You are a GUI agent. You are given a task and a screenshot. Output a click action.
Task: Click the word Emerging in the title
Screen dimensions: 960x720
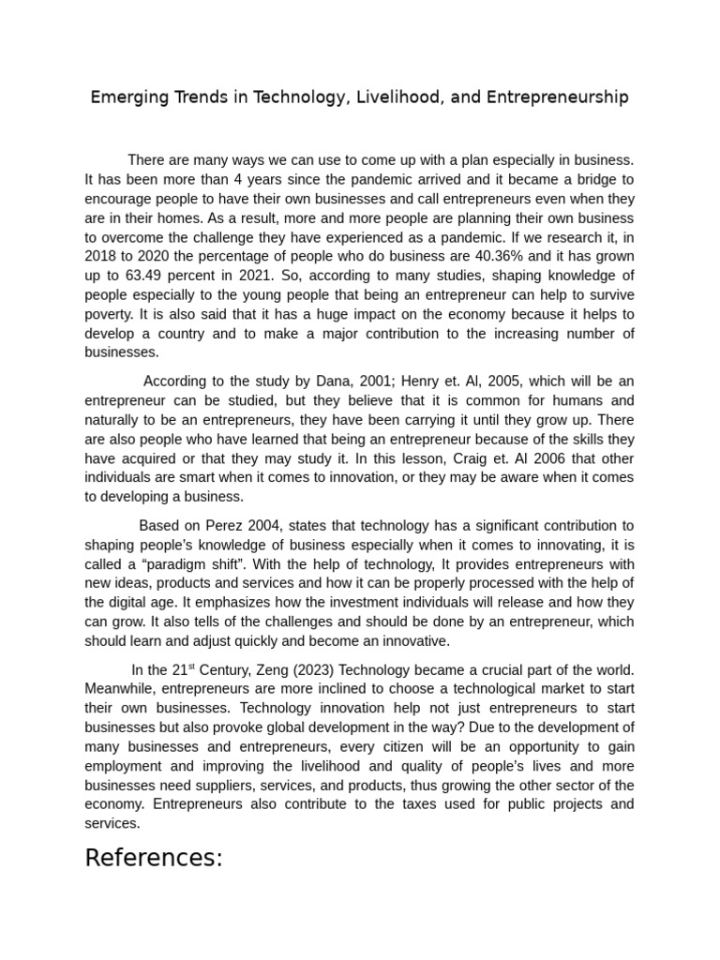pos(126,97)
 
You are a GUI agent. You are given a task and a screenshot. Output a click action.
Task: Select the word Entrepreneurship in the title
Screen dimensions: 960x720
pos(553,97)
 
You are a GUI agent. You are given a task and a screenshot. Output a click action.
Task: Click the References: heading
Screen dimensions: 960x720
pos(154,858)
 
